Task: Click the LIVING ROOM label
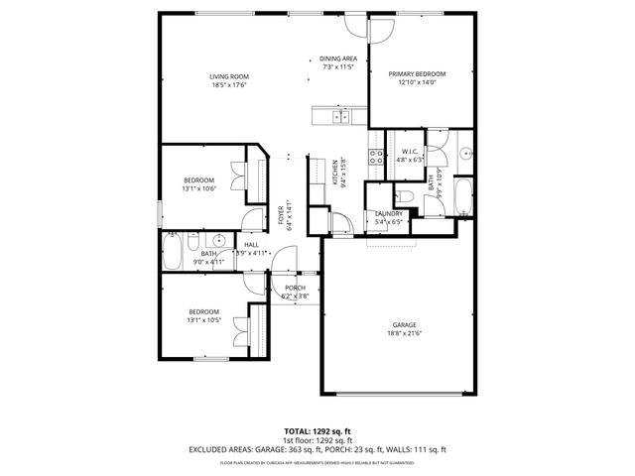tap(228, 76)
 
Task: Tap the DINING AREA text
tap(336, 59)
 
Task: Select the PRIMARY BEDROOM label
tap(417, 73)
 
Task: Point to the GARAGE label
tap(404, 325)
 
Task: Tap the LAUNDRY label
tap(388, 213)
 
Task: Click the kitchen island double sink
tap(338, 117)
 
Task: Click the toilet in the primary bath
tap(408, 193)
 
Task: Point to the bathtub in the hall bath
tap(173, 251)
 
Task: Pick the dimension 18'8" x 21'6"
tap(404, 334)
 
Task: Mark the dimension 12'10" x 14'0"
tap(417, 82)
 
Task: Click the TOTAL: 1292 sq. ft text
tap(317, 430)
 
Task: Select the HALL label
tap(251, 244)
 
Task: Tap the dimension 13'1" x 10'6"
tap(198, 188)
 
